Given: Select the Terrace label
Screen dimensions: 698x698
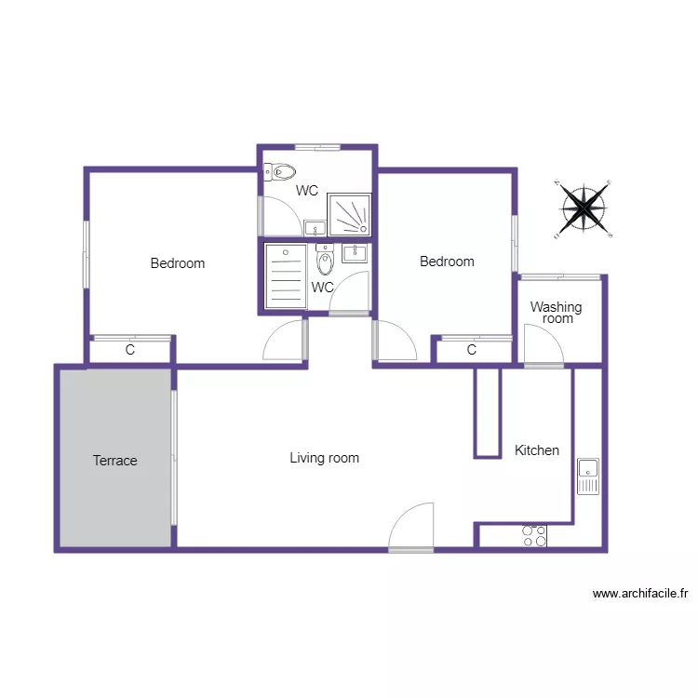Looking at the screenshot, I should click(115, 461).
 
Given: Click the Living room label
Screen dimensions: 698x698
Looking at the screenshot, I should click(324, 458).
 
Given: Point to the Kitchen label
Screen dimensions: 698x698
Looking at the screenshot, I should click(537, 450).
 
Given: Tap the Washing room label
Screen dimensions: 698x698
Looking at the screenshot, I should click(556, 313).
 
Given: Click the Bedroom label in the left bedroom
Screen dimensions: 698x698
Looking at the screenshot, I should click(177, 263).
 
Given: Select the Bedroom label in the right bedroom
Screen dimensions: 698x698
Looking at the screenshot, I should click(447, 262).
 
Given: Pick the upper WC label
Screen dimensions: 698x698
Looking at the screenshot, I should click(307, 191).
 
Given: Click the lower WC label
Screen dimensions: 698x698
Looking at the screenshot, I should click(322, 288).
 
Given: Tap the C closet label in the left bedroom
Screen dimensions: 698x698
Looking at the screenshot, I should click(130, 351).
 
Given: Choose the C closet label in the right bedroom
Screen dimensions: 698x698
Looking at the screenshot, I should click(472, 350).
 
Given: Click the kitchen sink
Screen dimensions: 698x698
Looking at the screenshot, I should click(588, 477).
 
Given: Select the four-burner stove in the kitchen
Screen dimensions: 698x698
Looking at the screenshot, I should click(534, 536).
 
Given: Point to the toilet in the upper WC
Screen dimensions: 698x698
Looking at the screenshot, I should click(279, 172).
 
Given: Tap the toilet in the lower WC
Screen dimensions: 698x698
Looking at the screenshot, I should click(325, 260).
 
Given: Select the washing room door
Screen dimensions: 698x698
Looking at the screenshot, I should click(544, 344).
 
